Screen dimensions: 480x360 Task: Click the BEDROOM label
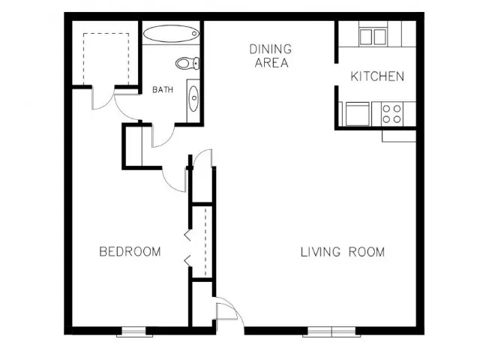tap(130, 251)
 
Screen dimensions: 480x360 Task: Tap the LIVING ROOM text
tap(343, 252)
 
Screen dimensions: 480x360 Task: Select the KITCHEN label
tap(377, 76)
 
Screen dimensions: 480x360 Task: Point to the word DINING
tap(271, 49)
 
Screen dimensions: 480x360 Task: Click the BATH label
tap(163, 90)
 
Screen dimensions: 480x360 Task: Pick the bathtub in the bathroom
tap(172, 34)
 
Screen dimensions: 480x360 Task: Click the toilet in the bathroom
tap(187, 63)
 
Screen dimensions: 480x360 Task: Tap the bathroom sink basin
tap(193, 98)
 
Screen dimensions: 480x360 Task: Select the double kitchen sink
tap(373, 37)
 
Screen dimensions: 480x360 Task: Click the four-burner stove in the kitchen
tap(392, 113)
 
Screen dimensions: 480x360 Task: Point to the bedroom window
tap(134, 331)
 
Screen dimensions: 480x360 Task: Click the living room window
tap(331, 331)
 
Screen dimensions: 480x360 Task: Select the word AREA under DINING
tap(271, 63)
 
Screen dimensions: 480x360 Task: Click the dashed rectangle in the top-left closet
tap(106, 58)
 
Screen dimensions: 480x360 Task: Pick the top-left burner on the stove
tap(387, 108)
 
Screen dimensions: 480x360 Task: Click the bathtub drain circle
tap(194, 34)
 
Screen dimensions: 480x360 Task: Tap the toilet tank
tap(196, 63)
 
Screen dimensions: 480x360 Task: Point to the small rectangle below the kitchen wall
tap(399, 136)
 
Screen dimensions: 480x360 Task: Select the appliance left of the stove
tap(358, 114)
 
